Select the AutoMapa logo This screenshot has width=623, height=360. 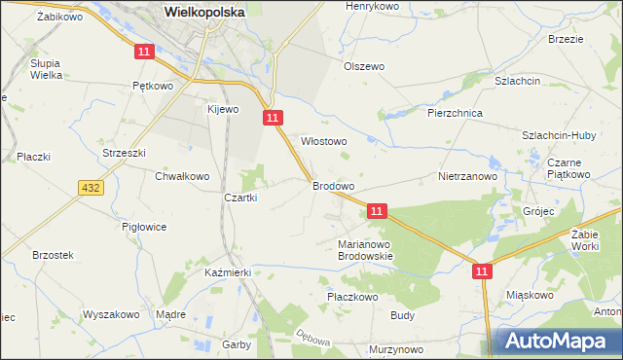pos(558,341)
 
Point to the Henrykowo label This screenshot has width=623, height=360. pos(375,6)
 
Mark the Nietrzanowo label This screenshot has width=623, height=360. pos(468,177)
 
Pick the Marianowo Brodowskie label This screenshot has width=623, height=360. pos(365,250)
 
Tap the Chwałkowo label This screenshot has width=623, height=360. pos(182,176)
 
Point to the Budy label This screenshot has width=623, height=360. pos(403,315)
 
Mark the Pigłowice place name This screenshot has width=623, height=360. pos(144,227)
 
